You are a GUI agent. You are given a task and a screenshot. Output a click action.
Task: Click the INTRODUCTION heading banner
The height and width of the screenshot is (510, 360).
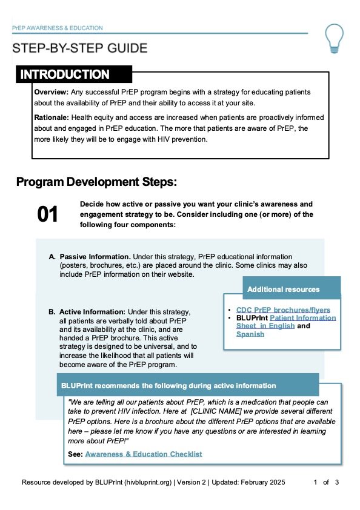(65, 75)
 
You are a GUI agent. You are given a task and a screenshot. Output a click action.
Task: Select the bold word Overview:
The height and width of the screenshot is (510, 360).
(52, 91)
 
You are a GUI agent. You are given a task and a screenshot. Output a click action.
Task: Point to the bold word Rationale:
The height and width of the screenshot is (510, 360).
(53, 118)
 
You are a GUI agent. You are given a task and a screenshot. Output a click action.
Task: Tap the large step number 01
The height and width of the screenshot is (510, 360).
(48, 214)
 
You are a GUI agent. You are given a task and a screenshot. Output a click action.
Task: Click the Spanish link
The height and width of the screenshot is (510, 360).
(250, 334)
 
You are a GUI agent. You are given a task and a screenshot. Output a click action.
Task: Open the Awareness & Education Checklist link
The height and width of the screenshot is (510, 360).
(143, 454)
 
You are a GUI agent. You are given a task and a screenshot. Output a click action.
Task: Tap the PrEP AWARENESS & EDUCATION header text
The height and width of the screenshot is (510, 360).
(58, 28)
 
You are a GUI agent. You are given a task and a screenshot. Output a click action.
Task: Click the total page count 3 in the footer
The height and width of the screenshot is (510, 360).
(337, 483)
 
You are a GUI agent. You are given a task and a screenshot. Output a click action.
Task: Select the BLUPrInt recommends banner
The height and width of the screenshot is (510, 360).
(167, 385)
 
